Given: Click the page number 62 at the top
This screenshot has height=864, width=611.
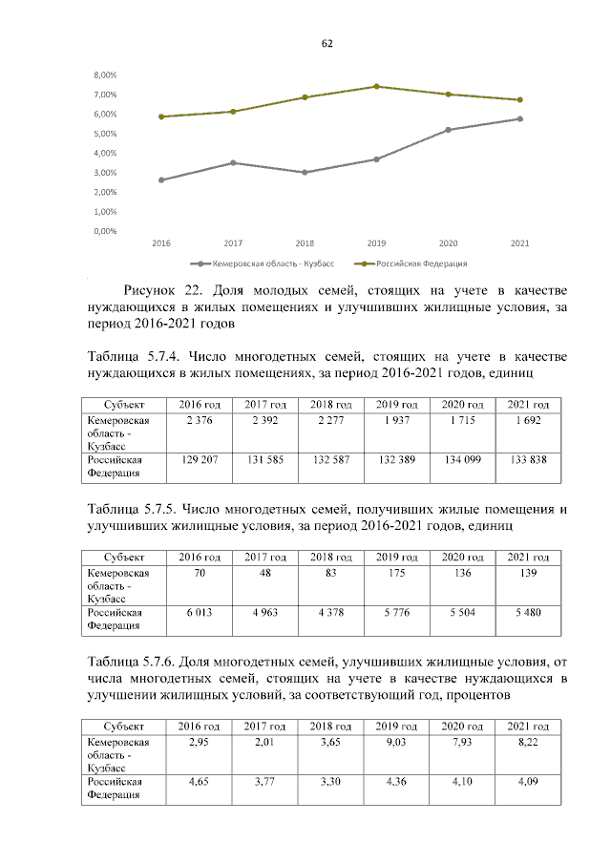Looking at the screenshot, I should tap(327, 45).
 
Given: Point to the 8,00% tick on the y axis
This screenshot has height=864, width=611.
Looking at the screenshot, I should tap(105, 74).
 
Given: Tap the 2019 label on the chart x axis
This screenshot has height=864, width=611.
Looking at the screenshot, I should tap(376, 243).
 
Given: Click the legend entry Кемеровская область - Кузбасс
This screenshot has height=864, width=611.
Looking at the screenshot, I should tap(259, 263).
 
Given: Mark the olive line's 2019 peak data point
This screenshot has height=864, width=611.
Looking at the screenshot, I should tap(376, 87).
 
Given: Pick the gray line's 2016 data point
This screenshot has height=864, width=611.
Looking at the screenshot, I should tap(161, 179).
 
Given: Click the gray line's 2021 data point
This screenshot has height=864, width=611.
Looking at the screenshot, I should tap(520, 118).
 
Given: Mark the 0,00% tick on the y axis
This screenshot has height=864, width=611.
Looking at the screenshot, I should tap(105, 231).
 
